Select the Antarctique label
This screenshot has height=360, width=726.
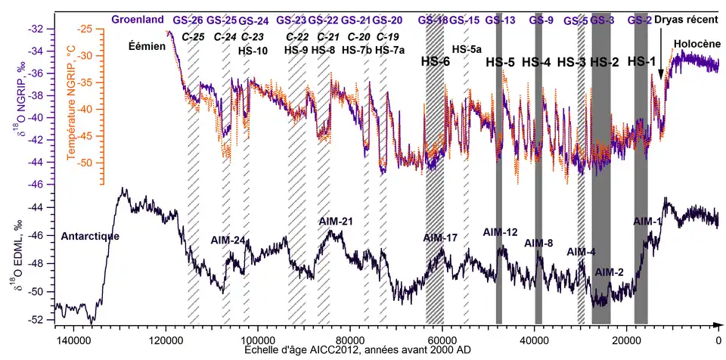point(90,237)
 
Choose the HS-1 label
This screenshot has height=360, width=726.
point(642,61)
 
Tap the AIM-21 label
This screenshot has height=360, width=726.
point(336,221)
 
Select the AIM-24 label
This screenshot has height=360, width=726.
point(228,241)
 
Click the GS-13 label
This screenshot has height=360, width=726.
point(501,20)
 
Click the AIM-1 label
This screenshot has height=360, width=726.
point(647,221)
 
